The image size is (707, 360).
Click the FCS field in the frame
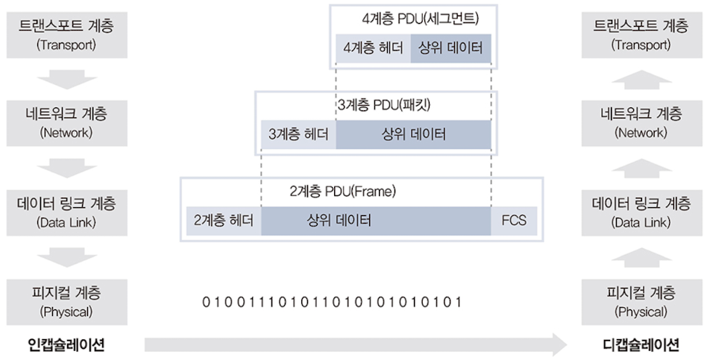pos(513,221)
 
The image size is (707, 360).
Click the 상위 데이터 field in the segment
pos(450,49)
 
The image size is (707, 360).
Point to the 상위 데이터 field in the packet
pos(413,135)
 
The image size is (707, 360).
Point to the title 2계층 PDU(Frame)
pos(342,191)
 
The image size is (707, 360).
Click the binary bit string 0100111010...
pos(332,302)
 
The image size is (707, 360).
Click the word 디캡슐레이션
pos(641,344)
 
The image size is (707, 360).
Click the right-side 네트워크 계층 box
pos(641,121)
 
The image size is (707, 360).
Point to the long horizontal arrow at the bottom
pos(354,344)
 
